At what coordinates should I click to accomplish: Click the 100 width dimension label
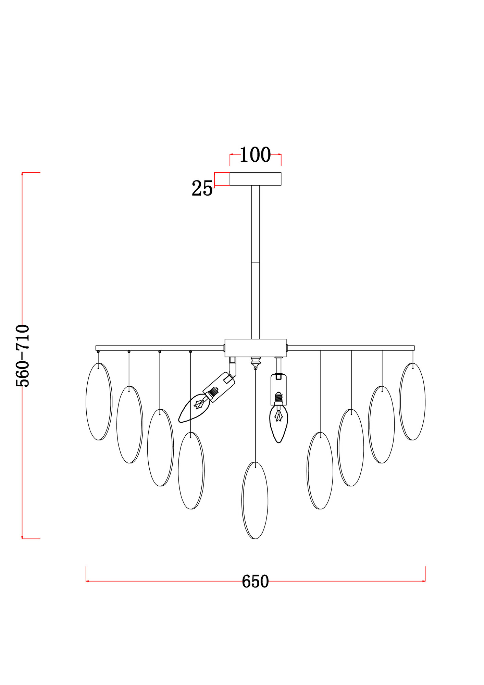pyautogui.click(x=255, y=155)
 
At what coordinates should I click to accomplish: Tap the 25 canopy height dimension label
pyautogui.click(x=202, y=188)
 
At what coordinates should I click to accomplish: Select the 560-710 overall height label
pyautogui.click(x=23, y=356)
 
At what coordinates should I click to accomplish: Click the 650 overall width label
pyautogui.click(x=255, y=582)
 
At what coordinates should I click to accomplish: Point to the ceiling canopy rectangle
pyautogui.click(x=255, y=179)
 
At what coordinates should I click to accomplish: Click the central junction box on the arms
pyautogui.click(x=255, y=348)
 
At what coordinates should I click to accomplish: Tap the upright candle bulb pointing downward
pyautogui.click(x=278, y=423)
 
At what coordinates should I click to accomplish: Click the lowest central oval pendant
pyautogui.click(x=255, y=500)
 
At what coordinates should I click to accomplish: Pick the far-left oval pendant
pyautogui.click(x=99, y=401)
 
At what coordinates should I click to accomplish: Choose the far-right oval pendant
pyautogui.click(x=412, y=401)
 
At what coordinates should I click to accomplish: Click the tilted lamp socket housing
pyautogui.click(x=219, y=387)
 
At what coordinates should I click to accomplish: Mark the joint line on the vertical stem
pyautogui.click(x=255, y=262)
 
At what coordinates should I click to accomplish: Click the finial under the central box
pyautogui.click(x=256, y=362)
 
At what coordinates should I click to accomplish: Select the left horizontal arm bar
pyautogui.click(x=159, y=348)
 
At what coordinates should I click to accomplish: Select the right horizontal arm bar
pyautogui.click(x=350, y=348)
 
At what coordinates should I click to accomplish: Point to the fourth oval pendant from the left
pyautogui.click(x=191, y=471)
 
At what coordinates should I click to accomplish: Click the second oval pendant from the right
pyautogui.click(x=382, y=425)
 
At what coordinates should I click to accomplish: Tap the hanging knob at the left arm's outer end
pyautogui.click(x=98, y=352)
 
